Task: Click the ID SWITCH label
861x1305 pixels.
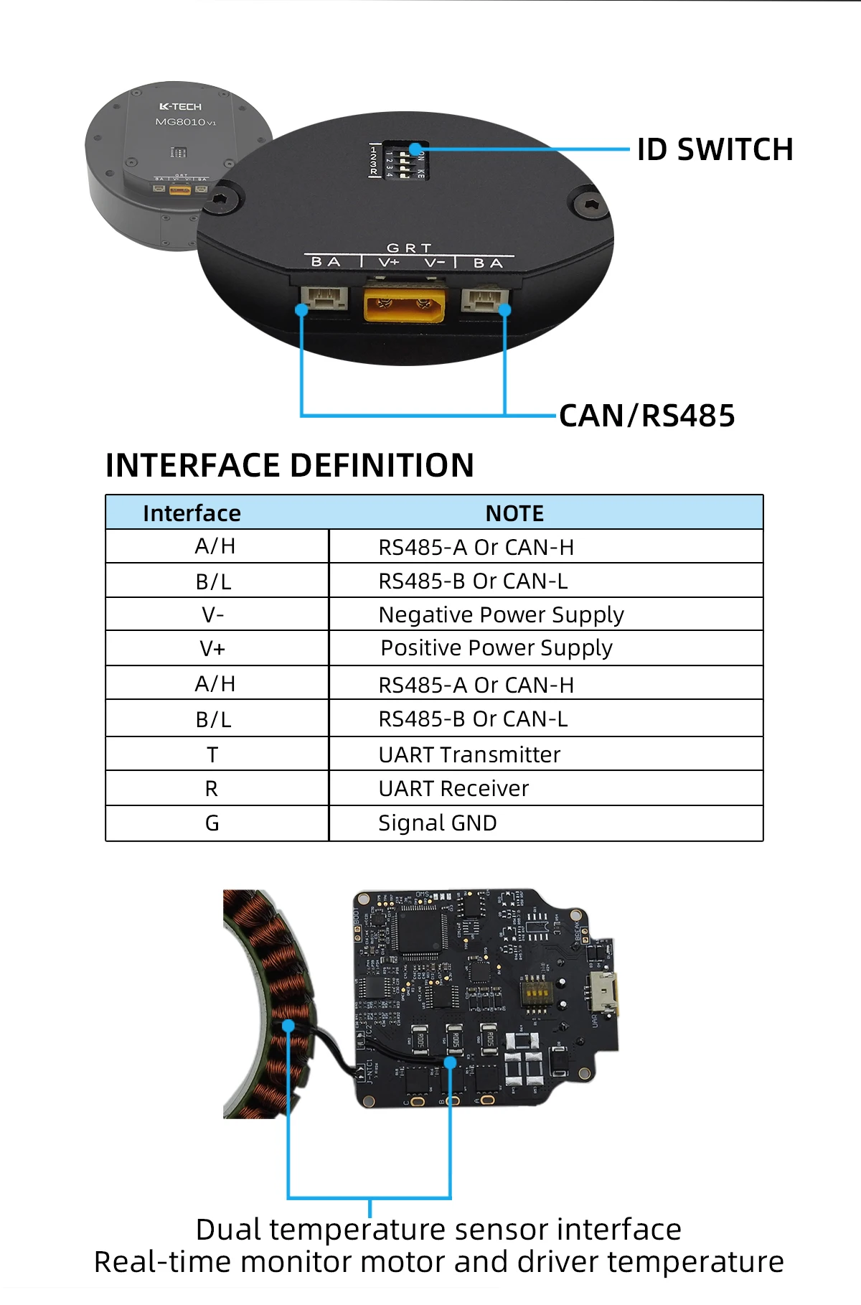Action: click(715, 150)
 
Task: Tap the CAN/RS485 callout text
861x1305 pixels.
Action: click(646, 416)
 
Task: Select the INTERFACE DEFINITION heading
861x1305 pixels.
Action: click(289, 465)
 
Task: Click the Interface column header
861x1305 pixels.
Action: click(192, 513)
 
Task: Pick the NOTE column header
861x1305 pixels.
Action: click(514, 513)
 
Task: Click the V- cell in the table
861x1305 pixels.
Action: click(213, 614)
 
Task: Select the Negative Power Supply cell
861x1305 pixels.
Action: click(501, 614)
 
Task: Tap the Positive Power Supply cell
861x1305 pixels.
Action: click(497, 648)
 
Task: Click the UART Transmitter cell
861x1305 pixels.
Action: click(469, 754)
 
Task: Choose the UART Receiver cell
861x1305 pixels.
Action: click(453, 788)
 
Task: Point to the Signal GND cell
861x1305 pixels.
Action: click(438, 823)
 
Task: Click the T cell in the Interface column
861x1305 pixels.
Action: click(212, 754)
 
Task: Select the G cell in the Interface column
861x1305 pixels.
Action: click(212, 823)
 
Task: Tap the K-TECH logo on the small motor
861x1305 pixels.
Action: click(180, 106)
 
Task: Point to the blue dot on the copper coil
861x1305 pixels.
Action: click(288, 1026)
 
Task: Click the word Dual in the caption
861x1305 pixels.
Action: click(229, 1229)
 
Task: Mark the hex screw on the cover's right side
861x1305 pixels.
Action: click(589, 205)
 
